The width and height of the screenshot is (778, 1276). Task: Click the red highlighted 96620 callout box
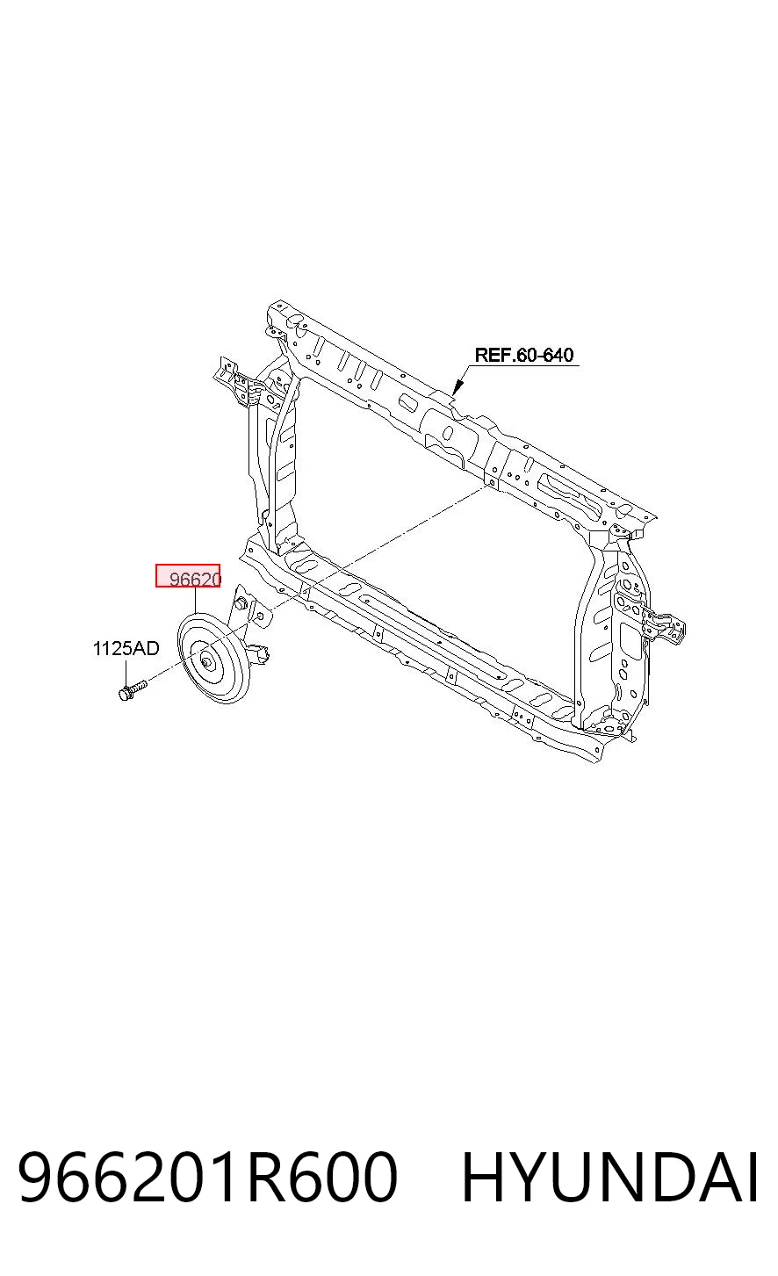(x=188, y=575)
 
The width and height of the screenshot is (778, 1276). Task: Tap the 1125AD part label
(x=126, y=648)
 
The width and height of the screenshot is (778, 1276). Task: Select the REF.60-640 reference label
(x=524, y=355)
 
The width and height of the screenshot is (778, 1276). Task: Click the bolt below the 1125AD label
(x=132, y=689)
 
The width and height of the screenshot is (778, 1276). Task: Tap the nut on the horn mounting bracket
(x=241, y=602)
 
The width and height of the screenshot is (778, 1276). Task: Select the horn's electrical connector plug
(x=262, y=652)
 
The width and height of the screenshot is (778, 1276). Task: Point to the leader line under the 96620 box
(x=195, y=600)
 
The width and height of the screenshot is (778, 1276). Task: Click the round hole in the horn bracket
(x=261, y=616)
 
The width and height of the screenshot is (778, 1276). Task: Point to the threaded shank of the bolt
(x=140, y=685)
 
